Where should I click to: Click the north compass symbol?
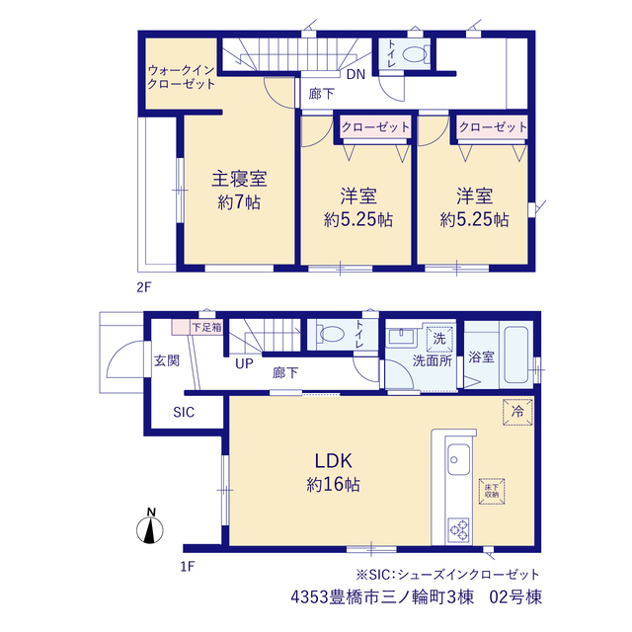point(150,526)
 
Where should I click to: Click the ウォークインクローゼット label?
point(182,77)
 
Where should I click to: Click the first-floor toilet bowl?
point(331,334)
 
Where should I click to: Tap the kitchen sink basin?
point(458,460)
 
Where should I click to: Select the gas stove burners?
point(458,529)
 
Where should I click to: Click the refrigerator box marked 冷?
point(517,412)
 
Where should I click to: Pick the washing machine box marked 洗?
point(439,339)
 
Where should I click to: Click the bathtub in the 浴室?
point(515,355)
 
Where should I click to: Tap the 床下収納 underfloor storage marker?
point(492,491)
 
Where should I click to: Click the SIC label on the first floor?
point(184,412)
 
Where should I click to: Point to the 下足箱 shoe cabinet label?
point(206,327)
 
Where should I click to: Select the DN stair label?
point(355,75)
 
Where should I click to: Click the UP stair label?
point(244,363)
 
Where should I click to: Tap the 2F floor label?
point(144,287)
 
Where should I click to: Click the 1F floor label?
point(188,567)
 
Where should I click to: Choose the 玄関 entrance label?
point(167,360)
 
